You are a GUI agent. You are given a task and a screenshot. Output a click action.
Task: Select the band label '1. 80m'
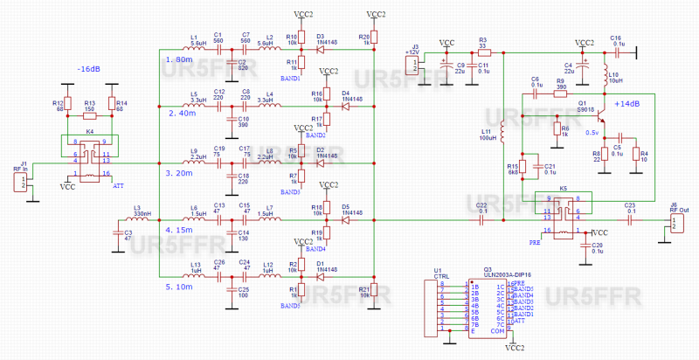(x=177, y=59)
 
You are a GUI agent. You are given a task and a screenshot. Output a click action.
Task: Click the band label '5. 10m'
(x=177, y=285)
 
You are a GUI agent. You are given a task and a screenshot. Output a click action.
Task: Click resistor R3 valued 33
(x=483, y=50)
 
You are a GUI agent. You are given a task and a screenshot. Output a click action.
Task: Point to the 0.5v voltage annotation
(x=591, y=133)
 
